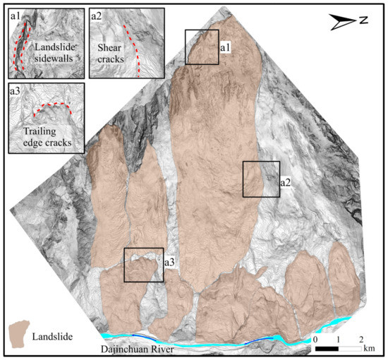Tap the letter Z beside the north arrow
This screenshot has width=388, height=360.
363,21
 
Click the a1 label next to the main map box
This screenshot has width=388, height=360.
226,47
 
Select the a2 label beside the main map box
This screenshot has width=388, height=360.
286,182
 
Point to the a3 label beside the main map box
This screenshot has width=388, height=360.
170,263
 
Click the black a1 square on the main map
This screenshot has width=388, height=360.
202,47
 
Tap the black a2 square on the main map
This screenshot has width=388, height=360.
260,179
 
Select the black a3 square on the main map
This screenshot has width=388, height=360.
144,265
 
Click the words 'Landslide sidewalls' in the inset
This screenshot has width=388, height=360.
54,54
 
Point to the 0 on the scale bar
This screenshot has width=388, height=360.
315,340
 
